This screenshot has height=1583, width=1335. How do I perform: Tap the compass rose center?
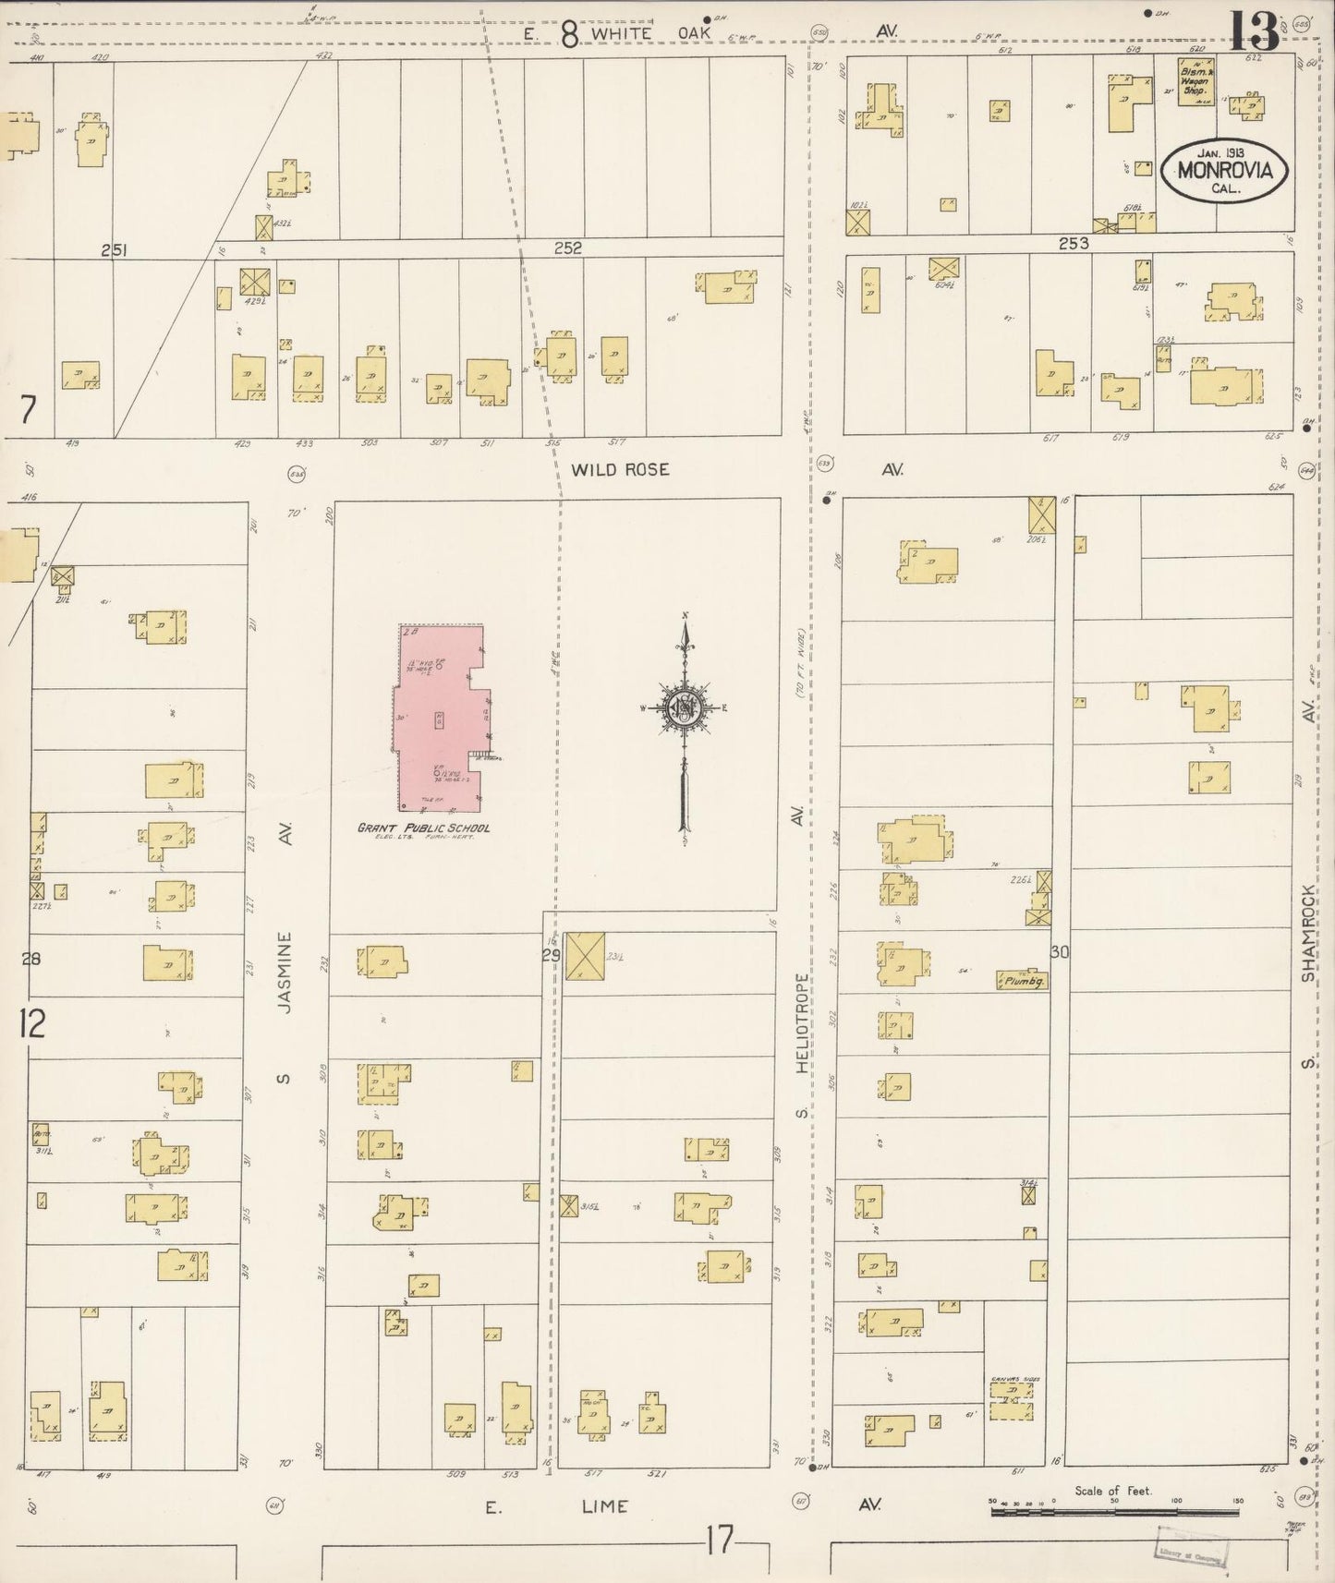point(685,708)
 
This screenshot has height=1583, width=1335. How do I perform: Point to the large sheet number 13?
point(1254,32)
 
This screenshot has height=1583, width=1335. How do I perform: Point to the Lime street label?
point(605,1506)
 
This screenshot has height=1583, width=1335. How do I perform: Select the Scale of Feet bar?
point(1113,1511)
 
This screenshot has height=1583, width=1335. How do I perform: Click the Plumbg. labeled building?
point(1022,981)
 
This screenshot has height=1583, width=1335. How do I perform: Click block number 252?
point(568,248)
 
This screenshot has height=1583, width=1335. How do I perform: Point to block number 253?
point(1074,244)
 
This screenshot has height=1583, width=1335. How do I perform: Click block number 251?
point(115,249)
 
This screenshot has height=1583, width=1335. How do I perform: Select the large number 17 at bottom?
point(720,1541)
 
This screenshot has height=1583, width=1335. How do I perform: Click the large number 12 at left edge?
point(31,1024)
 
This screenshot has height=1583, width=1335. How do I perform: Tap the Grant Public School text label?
point(424,828)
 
